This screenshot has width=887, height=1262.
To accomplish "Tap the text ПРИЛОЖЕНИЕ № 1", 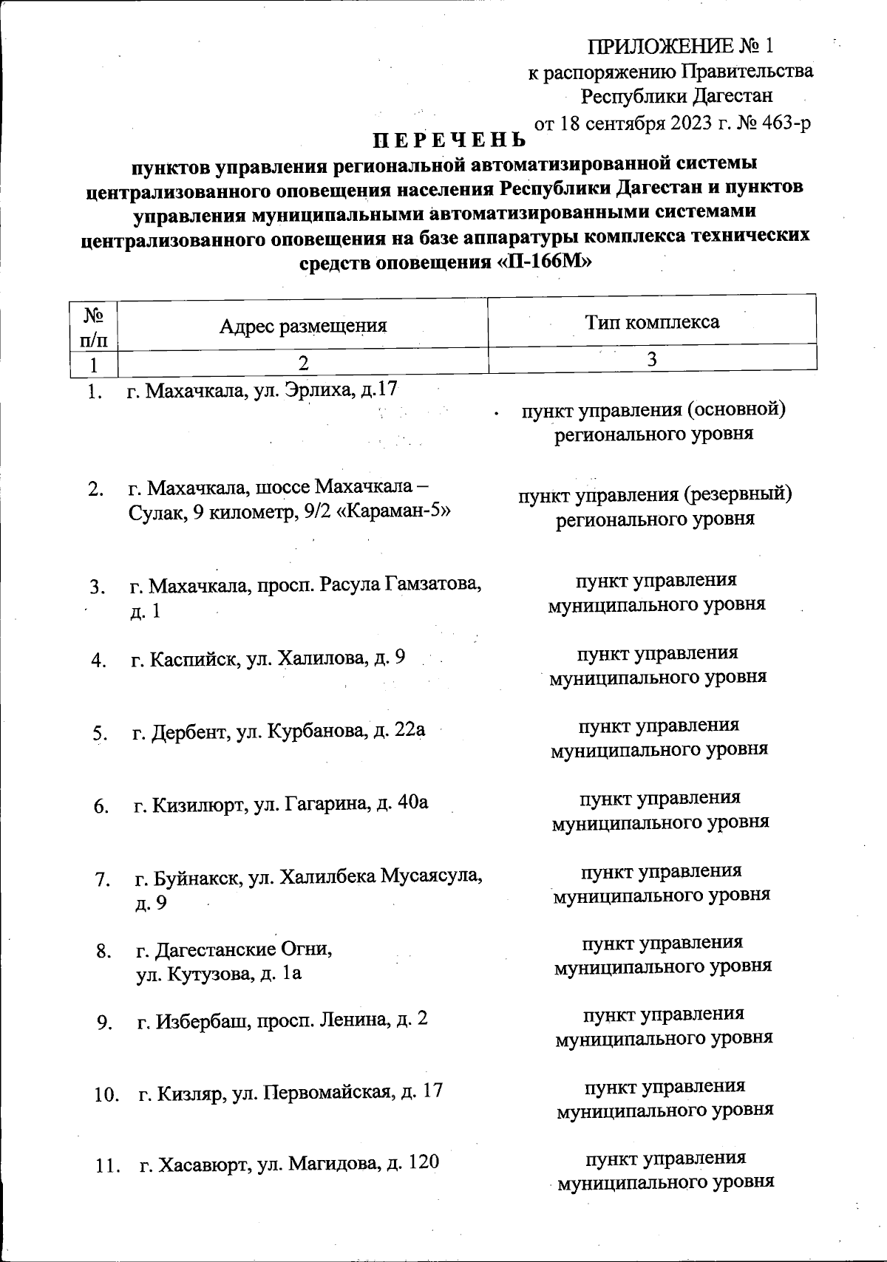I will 680,47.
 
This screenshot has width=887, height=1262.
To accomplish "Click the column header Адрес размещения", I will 303,326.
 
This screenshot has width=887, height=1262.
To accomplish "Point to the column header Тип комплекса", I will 652,322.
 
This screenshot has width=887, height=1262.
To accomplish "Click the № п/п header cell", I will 93,327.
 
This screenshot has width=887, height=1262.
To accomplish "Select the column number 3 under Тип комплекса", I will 652,359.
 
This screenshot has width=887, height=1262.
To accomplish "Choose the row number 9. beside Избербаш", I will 103,1023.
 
